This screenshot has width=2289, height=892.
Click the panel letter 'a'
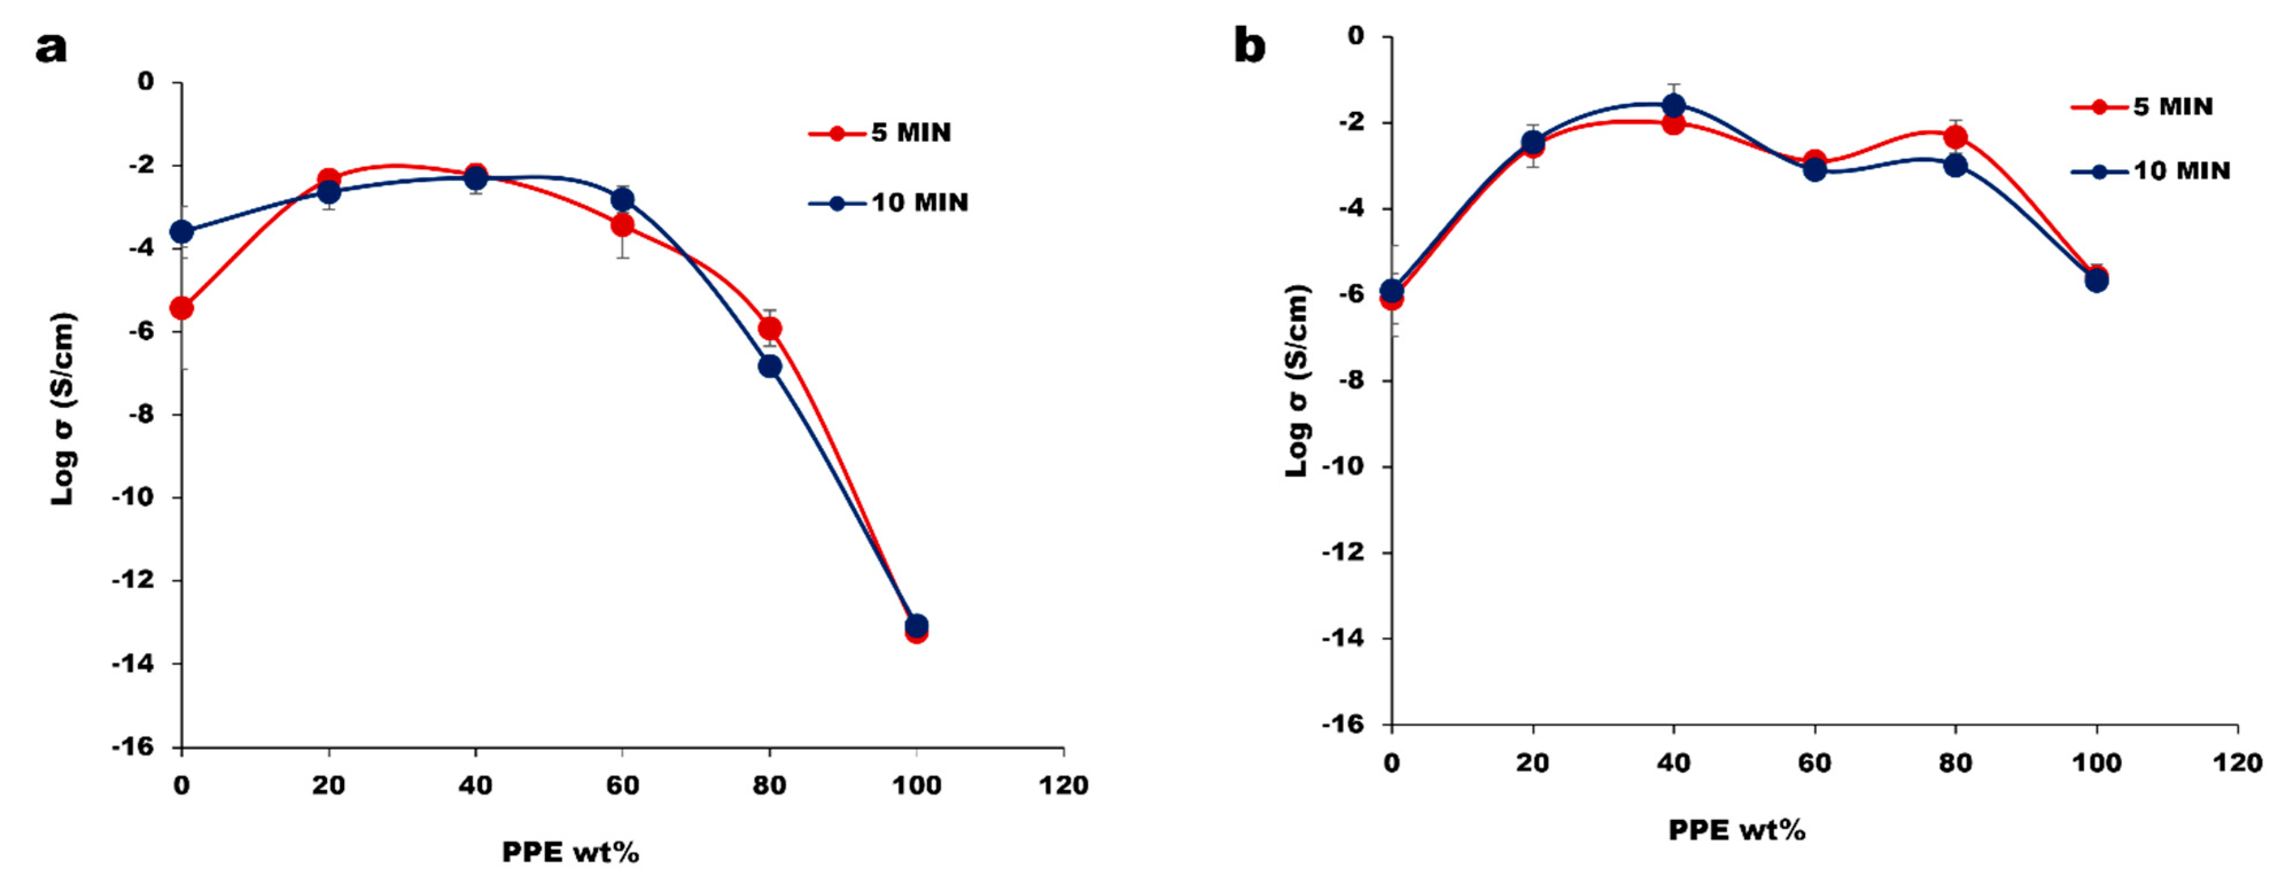click(x=50, y=47)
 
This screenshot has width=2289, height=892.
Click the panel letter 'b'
click(x=1249, y=46)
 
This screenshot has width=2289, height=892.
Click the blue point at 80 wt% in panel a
click(x=769, y=366)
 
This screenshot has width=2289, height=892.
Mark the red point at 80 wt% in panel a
click(x=769, y=329)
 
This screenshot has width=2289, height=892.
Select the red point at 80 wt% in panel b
click(x=1955, y=137)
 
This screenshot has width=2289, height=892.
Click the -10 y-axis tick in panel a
click(x=133, y=497)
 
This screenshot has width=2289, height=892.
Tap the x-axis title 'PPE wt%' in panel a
click(x=570, y=851)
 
